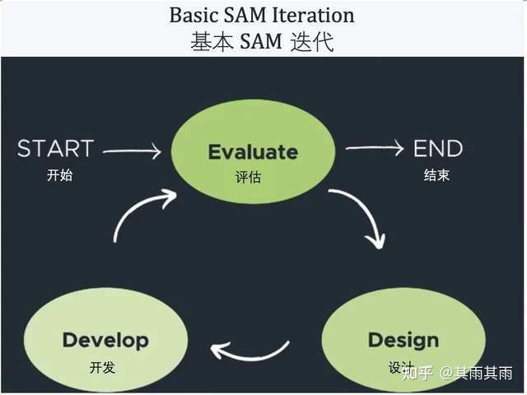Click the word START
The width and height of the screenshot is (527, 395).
(x=55, y=149)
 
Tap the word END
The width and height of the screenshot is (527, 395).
(x=438, y=149)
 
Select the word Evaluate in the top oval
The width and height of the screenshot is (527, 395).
(x=253, y=151)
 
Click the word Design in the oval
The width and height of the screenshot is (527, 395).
(x=403, y=340)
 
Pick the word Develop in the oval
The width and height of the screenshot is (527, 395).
(x=105, y=340)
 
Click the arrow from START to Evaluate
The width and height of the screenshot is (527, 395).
(x=132, y=151)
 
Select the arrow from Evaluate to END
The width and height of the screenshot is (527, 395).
(x=375, y=148)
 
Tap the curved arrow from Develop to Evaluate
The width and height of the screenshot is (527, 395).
(x=140, y=211)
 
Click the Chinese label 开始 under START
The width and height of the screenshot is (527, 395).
(x=60, y=175)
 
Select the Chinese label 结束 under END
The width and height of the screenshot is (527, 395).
(x=436, y=175)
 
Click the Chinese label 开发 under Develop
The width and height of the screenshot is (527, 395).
(x=102, y=367)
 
